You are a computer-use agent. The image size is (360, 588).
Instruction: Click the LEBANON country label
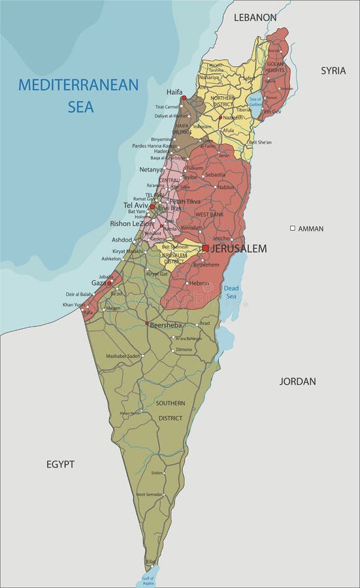255,18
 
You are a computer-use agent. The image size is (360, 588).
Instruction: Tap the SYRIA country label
333,71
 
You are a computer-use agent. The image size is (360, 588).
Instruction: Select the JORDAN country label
298,382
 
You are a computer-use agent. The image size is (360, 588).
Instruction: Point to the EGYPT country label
60,465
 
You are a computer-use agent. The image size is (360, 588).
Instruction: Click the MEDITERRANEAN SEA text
79,95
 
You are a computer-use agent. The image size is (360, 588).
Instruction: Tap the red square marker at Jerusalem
205,248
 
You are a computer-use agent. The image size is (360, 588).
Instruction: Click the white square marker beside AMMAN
293,228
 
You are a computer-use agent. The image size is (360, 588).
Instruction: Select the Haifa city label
174,92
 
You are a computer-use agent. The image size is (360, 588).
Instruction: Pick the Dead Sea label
232,291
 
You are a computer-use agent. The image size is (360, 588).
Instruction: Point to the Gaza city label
98,283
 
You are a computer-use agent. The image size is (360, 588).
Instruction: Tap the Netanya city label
151,169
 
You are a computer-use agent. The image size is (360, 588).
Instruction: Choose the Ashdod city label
122,240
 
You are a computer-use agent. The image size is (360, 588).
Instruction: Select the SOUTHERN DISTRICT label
170,410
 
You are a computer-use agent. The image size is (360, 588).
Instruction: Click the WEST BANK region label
209,214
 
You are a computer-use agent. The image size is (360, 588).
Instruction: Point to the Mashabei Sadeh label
125,356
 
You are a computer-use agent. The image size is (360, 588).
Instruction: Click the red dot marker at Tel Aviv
152,206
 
